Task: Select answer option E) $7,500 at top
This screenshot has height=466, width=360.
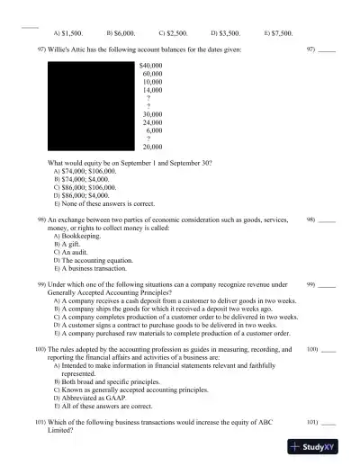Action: [x=278, y=31]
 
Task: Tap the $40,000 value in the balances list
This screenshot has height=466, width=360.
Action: [x=150, y=66]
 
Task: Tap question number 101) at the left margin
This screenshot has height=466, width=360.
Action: [x=40, y=422]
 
